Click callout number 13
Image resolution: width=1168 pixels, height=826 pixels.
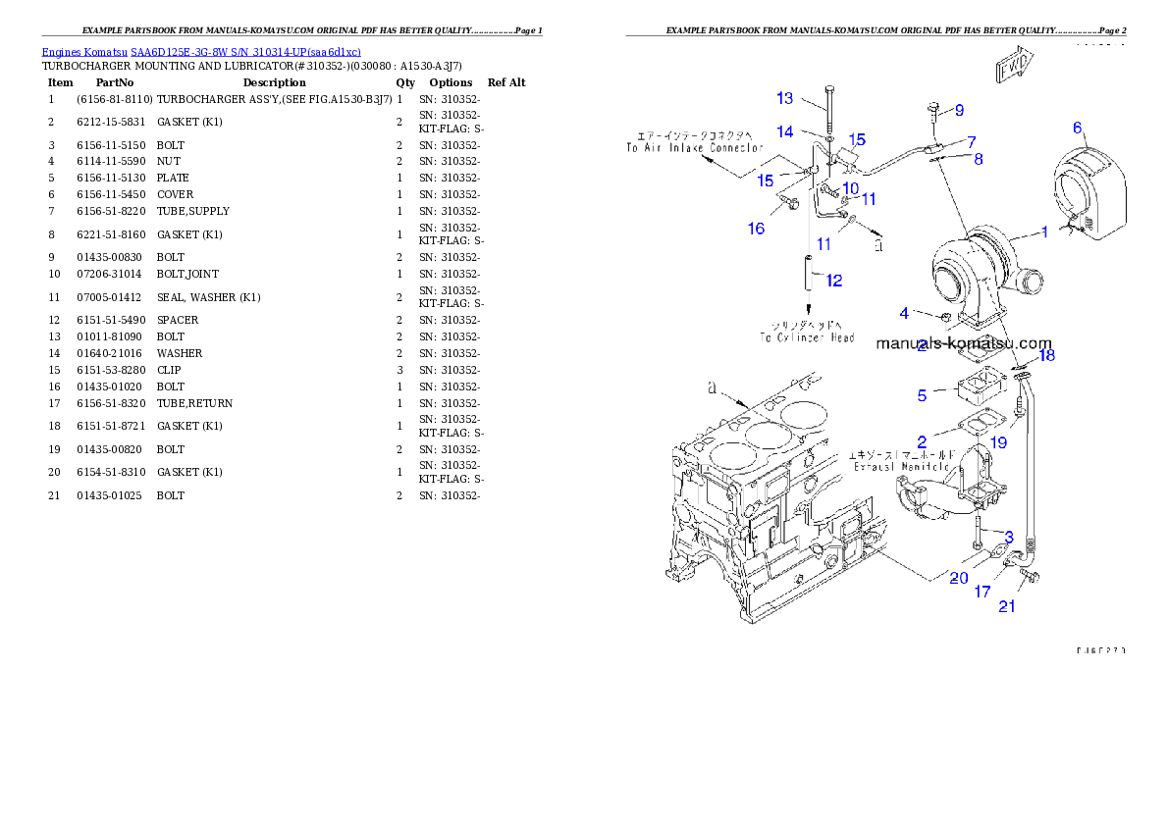click(785, 98)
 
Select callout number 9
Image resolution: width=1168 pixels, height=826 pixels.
click(959, 109)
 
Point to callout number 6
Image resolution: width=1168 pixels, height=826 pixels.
click(1077, 128)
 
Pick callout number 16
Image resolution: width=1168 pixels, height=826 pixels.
click(756, 229)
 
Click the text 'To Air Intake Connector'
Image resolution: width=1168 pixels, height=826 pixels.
click(695, 147)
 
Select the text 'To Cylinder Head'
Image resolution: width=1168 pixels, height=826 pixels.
click(807, 337)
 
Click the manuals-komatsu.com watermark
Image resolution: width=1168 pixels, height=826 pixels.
click(963, 343)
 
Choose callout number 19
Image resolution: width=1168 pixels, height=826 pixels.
click(998, 442)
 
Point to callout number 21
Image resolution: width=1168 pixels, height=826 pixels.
click(1007, 606)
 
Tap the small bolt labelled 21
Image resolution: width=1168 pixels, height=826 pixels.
click(1030, 578)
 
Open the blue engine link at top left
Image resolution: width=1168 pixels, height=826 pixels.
click(201, 51)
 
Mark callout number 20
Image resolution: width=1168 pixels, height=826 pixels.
click(959, 579)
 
